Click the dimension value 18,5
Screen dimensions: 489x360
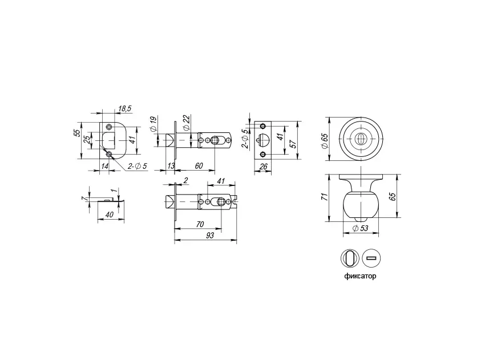(x=125, y=109)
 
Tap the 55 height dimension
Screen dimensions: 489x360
(x=77, y=133)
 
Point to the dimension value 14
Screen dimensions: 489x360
(x=105, y=166)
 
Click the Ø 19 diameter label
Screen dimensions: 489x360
(x=153, y=124)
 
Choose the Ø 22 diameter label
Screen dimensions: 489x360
(x=186, y=123)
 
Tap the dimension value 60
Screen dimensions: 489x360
(x=199, y=166)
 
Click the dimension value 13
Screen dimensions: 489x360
(x=171, y=166)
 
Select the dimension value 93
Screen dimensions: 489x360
(x=210, y=236)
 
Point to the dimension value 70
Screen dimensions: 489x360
(x=200, y=224)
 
